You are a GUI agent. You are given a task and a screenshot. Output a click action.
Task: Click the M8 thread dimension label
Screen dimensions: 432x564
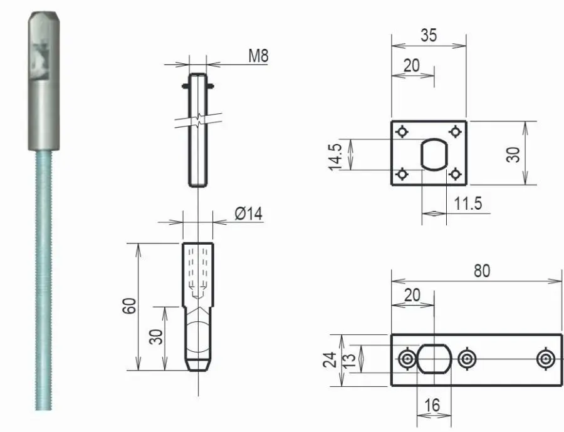(x=258, y=55)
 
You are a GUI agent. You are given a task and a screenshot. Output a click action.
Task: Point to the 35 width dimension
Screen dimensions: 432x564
(x=429, y=36)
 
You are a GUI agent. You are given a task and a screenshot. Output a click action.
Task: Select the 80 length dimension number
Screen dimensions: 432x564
(x=482, y=270)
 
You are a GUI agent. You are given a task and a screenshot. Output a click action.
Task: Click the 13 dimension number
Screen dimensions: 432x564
(x=353, y=359)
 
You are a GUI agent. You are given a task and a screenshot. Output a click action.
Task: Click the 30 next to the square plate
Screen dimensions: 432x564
(x=514, y=153)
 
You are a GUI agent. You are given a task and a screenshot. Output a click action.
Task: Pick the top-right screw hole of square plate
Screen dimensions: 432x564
(x=456, y=131)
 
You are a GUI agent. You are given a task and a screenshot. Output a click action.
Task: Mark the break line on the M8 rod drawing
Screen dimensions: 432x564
(x=197, y=119)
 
